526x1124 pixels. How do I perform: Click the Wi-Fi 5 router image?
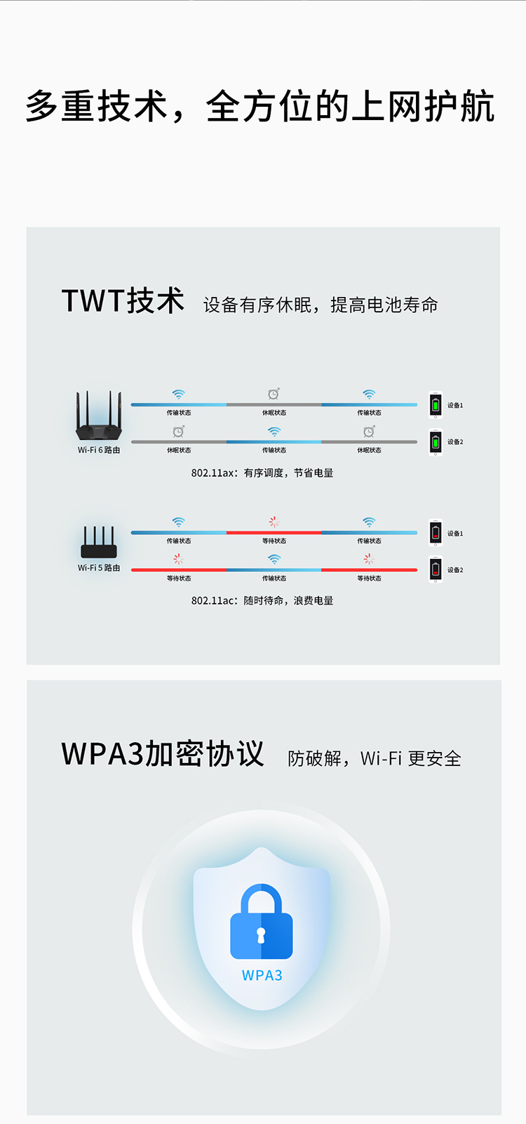pos(99,543)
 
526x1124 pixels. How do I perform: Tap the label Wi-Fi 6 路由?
pos(99,450)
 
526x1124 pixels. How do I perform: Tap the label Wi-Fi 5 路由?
pos(99,568)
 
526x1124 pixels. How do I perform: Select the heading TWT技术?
pos(123,301)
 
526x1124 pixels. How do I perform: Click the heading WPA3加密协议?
pos(163,754)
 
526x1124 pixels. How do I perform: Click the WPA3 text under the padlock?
pos(262,975)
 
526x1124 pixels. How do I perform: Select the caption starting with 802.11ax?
pos(262,473)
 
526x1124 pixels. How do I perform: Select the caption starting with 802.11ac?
pos(262,601)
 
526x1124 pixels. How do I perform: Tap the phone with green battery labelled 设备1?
pos(436,405)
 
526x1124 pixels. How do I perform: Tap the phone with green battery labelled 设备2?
pos(436,442)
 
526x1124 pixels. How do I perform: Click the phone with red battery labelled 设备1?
pos(436,533)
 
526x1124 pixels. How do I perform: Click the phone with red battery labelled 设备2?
pos(436,570)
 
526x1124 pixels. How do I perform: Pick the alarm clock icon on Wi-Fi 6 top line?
pos(274,394)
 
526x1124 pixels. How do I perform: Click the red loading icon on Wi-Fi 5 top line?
pos(274,522)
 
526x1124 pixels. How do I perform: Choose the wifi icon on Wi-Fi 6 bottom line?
pos(274,431)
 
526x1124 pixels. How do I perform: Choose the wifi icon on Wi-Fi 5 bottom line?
pos(274,559)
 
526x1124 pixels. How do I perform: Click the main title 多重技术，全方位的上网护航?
pos(261,107)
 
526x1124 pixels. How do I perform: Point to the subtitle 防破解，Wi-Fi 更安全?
pos(375,759)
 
